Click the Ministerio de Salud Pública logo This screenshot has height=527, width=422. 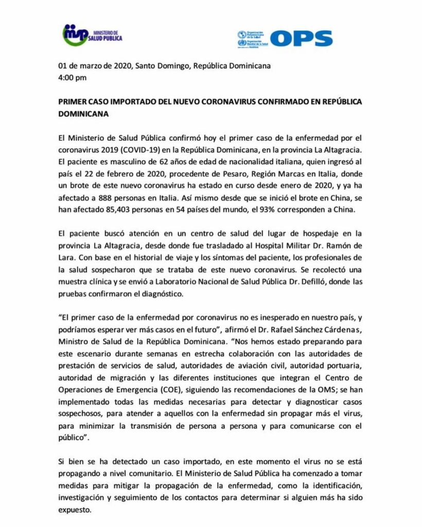click(x=92, y=35)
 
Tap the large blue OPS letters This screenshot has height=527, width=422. click(x=301, y=38)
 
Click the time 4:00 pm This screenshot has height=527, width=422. click(x=73, y=78)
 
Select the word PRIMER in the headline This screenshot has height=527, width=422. click(x=73, y=102)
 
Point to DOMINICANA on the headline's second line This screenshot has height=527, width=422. click(x=83, y=114)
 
